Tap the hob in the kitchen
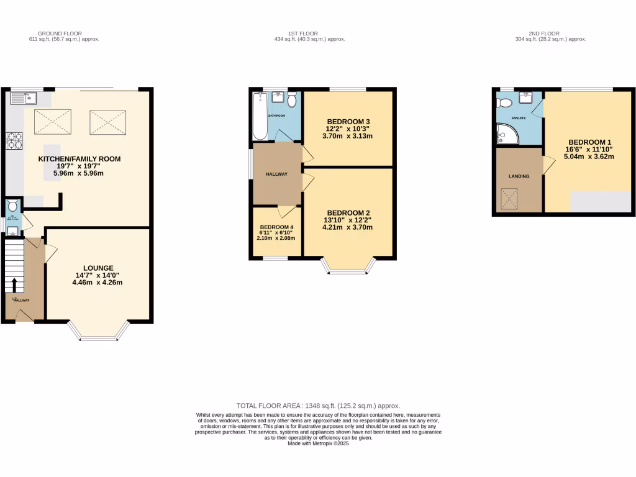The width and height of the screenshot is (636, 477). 14,141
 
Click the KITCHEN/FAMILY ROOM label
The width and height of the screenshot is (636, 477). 79,159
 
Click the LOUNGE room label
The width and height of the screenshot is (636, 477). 98,268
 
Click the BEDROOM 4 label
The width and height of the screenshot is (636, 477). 277,227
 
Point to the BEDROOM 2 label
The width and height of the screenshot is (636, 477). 348,212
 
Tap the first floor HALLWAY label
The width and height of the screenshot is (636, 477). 277,175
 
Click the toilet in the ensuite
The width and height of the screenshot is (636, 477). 504,102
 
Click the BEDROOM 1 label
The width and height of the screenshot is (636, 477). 589,141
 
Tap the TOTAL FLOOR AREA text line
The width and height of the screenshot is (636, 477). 318,405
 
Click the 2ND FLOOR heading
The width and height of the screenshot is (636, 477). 545,34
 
